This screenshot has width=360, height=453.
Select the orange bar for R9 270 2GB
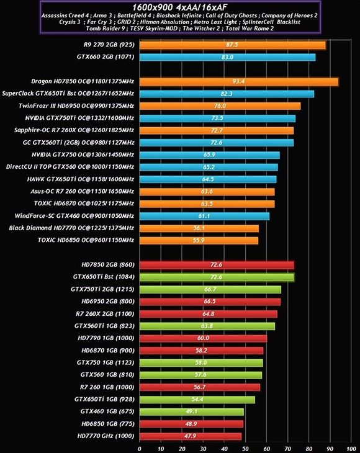click(x=232, y=45)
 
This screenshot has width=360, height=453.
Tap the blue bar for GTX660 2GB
click(x=227, y=57)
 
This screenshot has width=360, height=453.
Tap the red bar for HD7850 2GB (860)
click(x=216, y=265)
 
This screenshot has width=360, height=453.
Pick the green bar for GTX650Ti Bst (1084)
click(x=216, y=277)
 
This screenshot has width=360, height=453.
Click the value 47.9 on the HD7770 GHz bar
click(x=190, y=436)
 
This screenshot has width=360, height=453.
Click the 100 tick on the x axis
click(x=351, y=447)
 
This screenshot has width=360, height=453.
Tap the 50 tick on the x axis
click(x=245, y=447)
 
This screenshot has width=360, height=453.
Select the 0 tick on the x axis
click(x=140, y=447)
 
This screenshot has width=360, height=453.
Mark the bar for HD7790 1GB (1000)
click(x=203, y=338)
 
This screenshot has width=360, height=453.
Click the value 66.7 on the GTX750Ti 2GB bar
click(x=210, y=289)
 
